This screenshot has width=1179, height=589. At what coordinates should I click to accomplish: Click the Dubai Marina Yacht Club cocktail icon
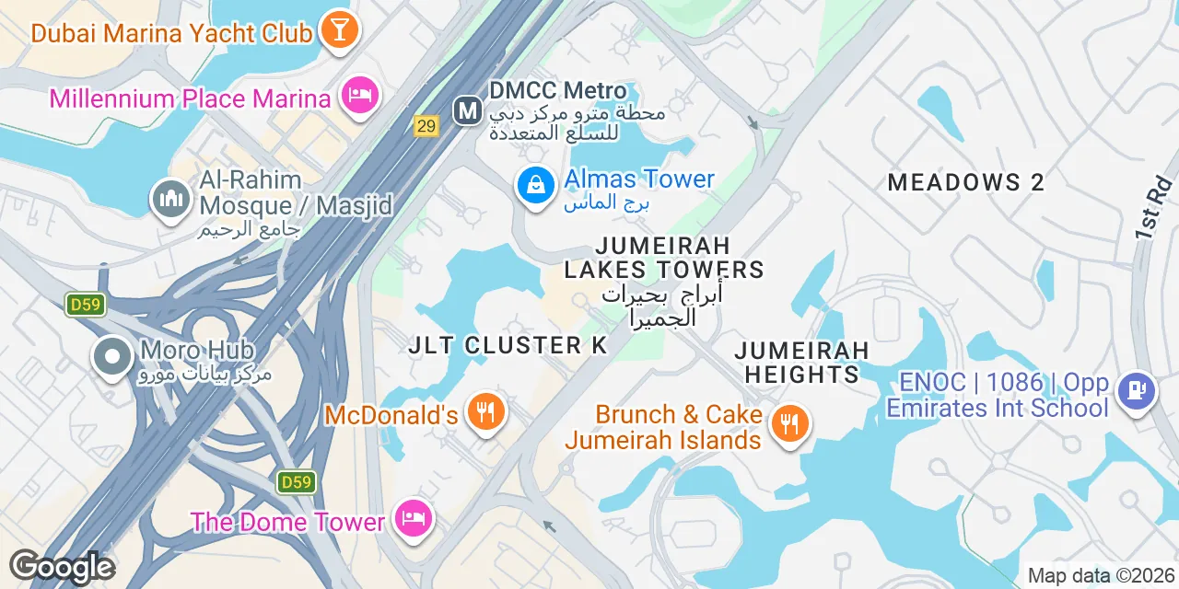[339, 30]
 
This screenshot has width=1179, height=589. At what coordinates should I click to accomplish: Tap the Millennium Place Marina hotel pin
[360, 96]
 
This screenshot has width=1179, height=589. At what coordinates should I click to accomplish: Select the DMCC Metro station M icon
[469, 111]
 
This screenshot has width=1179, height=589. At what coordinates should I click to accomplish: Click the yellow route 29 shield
[426, 126]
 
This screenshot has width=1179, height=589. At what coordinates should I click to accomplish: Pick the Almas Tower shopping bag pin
[535, 186]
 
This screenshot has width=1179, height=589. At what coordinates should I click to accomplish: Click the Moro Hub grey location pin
[113, 358]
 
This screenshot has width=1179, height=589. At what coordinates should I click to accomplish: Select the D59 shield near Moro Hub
[85, 305]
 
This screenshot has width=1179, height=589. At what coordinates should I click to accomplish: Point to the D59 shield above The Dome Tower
[296, 481]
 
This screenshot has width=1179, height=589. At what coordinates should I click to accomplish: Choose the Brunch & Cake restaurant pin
[789, 424]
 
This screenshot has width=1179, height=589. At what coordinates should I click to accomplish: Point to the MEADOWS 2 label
[966, 182]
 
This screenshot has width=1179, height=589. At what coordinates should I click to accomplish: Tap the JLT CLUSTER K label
[508, 345]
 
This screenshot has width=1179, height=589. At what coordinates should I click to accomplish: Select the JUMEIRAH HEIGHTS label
[801, 363]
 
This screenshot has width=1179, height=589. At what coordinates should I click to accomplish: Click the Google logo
[62, 567]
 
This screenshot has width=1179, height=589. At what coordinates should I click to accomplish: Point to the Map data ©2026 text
[1101, 576]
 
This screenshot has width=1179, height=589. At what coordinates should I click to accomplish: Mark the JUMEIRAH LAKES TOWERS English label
[664, 258]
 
